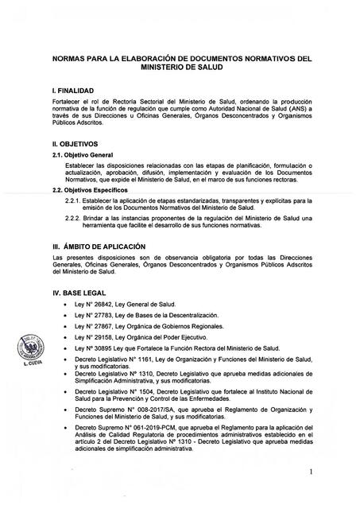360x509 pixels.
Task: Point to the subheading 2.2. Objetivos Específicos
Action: click(x=88, y=191)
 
